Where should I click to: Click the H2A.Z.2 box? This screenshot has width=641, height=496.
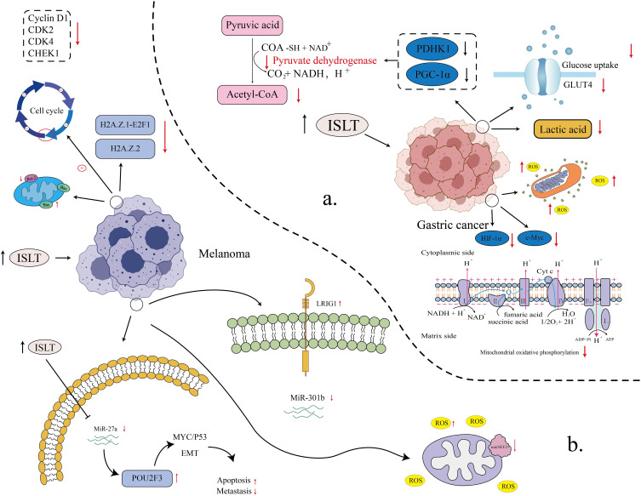pyautogui.click(x=129, y=148)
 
